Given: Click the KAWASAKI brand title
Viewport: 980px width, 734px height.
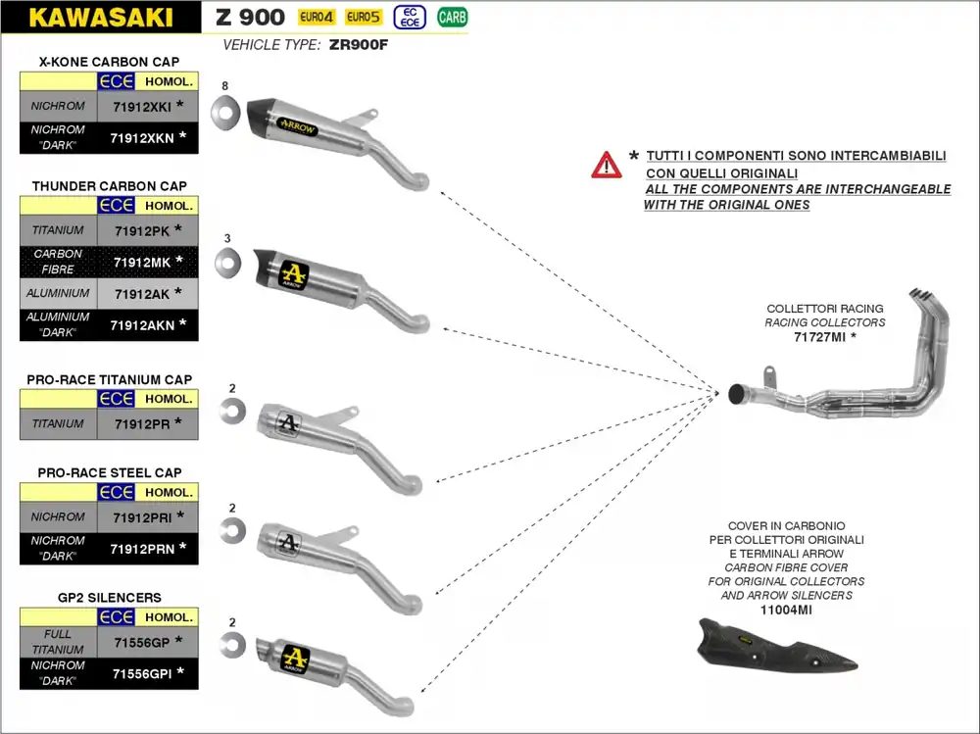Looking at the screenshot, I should (101, 17).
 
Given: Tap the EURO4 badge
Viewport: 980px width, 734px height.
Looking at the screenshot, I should (317, 17).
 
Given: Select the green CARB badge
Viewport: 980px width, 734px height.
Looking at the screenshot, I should (452, 17).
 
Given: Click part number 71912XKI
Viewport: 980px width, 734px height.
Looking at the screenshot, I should (142, 105).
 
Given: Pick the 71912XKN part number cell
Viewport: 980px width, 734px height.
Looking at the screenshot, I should (142, 138).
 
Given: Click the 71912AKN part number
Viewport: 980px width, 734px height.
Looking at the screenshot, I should (142, 324).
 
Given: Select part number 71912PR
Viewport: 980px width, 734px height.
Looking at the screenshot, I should (142, 423).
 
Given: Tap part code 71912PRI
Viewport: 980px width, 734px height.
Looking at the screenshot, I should (142, 516).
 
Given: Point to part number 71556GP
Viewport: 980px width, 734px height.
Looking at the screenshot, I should (142, 641).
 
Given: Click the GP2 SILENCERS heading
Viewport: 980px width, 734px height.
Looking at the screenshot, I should (109, 597).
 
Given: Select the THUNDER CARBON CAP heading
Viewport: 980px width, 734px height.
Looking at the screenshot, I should (109, 185).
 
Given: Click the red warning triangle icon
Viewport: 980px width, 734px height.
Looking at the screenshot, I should (606, 165).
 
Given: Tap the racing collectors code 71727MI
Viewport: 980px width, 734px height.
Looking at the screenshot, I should (819, 336).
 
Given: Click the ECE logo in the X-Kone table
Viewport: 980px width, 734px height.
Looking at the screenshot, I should (116, 81).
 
